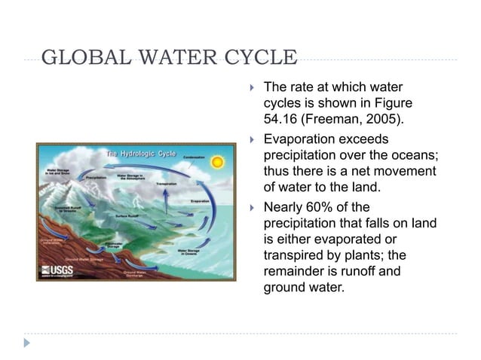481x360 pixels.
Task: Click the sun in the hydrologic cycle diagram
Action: coord(217,162)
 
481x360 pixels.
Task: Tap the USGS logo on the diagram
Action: coord(57,270)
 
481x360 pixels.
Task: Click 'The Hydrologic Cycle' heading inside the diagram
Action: coord(141,153)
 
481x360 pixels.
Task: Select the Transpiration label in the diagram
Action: coord(166,183)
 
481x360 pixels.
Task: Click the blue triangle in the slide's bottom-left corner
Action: coord(27,343)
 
